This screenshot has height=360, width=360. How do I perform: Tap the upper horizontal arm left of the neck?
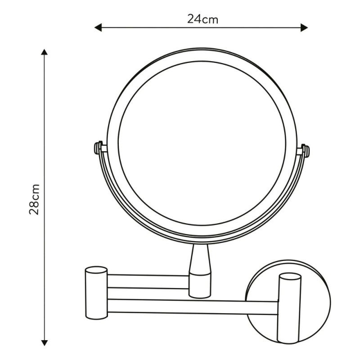148,281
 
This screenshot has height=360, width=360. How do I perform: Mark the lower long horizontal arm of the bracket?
193,306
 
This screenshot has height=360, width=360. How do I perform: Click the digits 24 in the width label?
193,19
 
